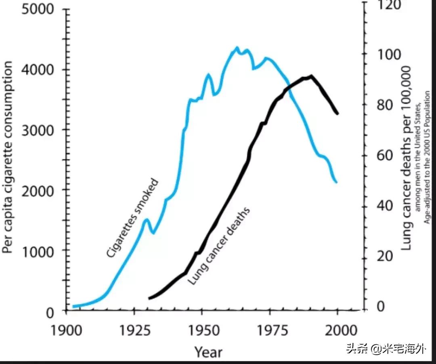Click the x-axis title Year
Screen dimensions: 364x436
click(x=208, y=351)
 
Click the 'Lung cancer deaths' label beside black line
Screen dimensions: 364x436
click(x=218, y=246)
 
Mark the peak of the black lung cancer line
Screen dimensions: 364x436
click(x=311, y=76)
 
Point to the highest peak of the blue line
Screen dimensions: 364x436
click(x=237, y=48)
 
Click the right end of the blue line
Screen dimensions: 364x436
click(x=336, y=182)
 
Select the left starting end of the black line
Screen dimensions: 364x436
click(x=149, y=298)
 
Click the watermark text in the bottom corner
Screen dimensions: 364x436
click(x=385, y=349)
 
